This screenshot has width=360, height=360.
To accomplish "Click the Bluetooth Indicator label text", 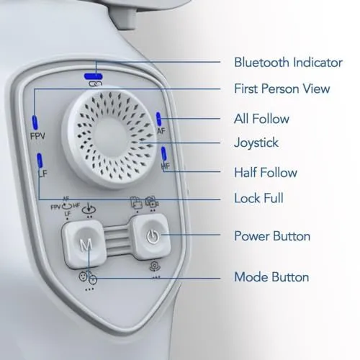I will pos(288,63).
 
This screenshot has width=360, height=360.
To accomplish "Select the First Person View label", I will pos(282,89).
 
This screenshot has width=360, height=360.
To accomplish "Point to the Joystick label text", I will pos(257,143).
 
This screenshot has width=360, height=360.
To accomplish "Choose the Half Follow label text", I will pos(265,172).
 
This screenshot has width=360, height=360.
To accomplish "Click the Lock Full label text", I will pos(259,198).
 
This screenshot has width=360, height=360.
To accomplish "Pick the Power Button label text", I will pos(272,235).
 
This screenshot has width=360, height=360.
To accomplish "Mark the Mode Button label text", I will pos(271,276).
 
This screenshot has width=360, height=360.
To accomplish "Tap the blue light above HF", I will pos(166,153).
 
